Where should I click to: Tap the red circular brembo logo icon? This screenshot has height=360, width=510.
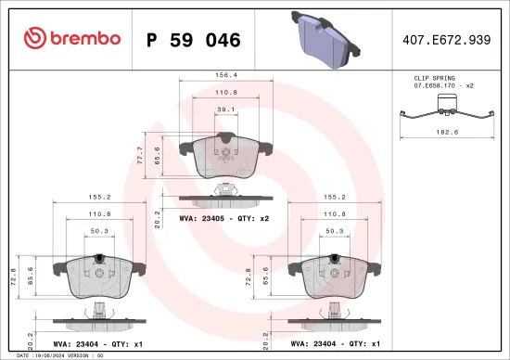[x=34, y=39]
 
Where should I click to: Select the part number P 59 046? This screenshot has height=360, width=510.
[x=194, y=40]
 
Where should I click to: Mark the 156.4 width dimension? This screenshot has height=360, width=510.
[x=224, y=76]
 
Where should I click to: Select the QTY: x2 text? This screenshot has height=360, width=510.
[x=253, y=220]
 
